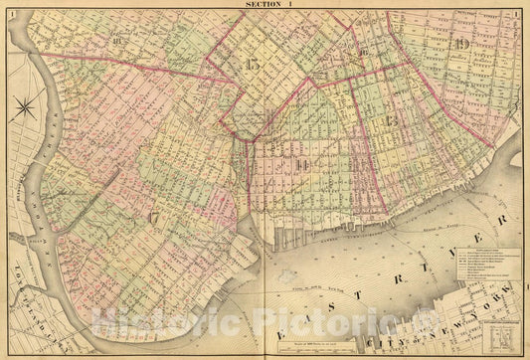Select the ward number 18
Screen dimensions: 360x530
(120, 42)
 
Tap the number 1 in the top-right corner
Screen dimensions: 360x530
(518, 13)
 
